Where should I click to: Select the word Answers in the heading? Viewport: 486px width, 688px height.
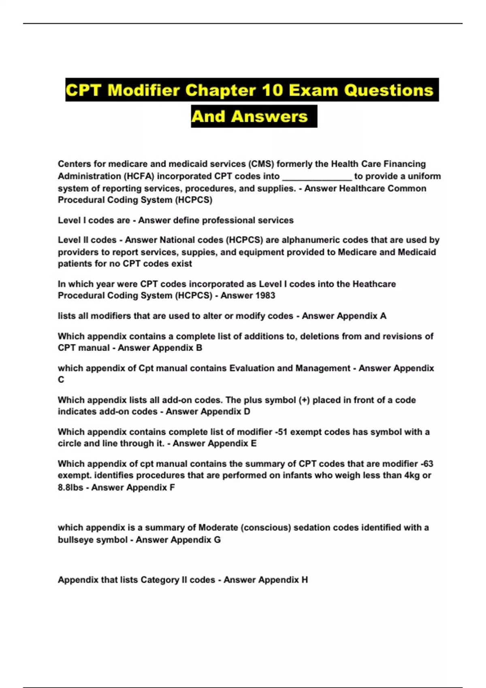pos(270,117)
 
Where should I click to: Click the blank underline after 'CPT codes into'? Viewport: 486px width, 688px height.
pos(317,176)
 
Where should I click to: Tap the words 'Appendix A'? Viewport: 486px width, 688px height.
pos(362,316)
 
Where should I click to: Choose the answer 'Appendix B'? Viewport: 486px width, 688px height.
pos(180,348)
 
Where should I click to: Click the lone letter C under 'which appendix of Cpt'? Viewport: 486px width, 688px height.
pos(61,380)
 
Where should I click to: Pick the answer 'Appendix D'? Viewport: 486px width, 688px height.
pos(228,412)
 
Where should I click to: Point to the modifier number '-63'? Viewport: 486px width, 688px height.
pos(426,463)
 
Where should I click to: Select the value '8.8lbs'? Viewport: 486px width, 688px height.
pos(70,487)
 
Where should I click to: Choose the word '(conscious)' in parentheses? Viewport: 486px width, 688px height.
pos(265,527)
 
